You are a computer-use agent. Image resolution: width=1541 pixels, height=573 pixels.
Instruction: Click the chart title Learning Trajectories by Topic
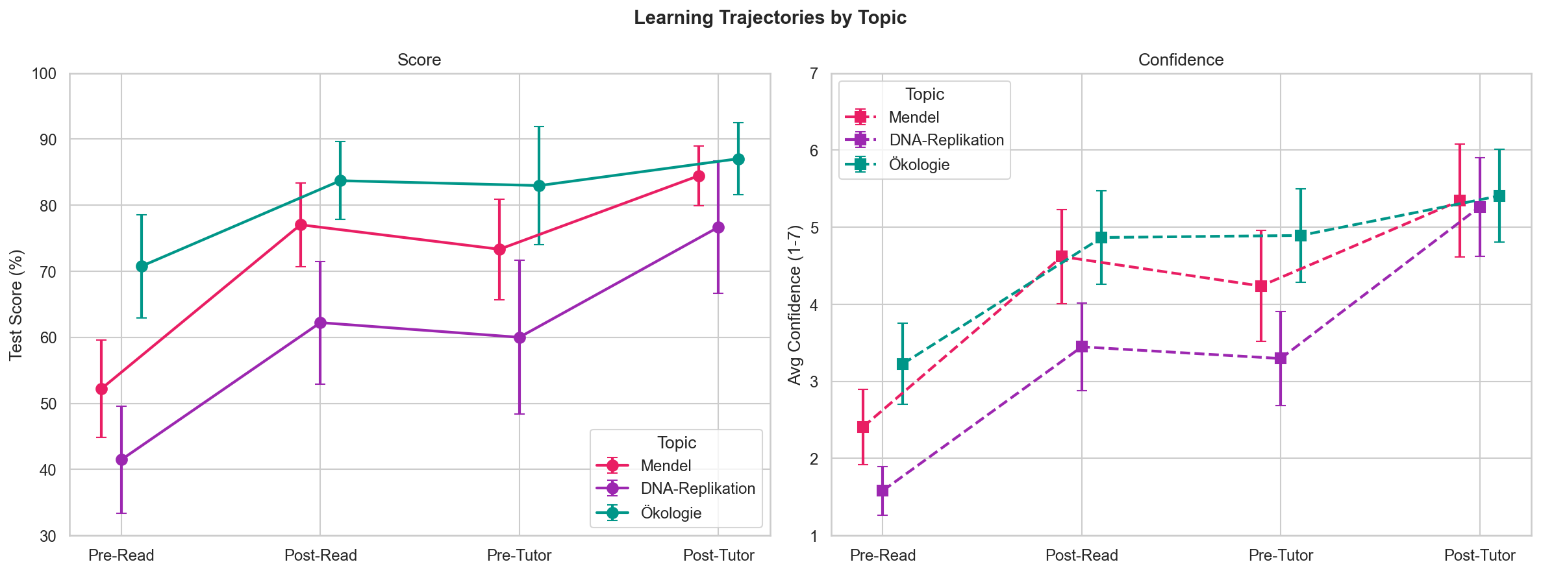[770, 18]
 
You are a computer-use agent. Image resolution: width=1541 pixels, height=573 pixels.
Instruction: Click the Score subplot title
[419, 60]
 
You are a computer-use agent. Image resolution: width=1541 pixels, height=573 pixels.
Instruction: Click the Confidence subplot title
[1181, 60]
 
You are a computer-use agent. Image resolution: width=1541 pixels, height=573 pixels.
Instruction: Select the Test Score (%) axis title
[16, 304]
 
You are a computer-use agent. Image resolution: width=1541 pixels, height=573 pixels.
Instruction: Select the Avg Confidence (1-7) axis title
[794, 304]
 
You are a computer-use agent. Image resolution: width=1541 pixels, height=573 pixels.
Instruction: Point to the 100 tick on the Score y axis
[44, 74]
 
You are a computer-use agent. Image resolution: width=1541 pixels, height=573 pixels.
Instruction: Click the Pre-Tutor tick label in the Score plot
[519, 555]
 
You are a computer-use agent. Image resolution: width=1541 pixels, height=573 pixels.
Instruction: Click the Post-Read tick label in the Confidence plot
[1081, 555]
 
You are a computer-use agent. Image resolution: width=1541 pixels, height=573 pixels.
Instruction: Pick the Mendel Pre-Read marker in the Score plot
[101, 389]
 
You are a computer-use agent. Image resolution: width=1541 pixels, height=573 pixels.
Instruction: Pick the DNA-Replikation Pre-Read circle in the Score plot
[121, 459]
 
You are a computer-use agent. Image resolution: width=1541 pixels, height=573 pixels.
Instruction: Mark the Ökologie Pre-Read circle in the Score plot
[142, 266]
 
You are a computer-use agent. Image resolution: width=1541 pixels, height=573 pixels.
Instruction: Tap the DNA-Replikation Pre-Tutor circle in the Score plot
[520, 337]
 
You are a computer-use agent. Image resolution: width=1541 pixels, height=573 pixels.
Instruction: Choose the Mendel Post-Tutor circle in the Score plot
[699, 176]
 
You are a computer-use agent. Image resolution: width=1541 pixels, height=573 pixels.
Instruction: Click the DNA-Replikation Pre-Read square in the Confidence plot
[883, 491]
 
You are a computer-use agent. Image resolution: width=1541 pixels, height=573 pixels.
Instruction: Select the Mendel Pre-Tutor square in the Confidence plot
[1261, 286]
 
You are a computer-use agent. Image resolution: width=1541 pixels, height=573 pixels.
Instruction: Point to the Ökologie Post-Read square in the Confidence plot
[1101, 238]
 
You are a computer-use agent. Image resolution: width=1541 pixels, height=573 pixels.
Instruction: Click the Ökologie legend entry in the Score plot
[671, 513]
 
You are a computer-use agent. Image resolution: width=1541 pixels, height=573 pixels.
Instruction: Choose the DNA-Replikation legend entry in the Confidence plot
[946, 140]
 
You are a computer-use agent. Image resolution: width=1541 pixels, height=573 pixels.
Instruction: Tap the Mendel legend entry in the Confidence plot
[914, 117]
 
